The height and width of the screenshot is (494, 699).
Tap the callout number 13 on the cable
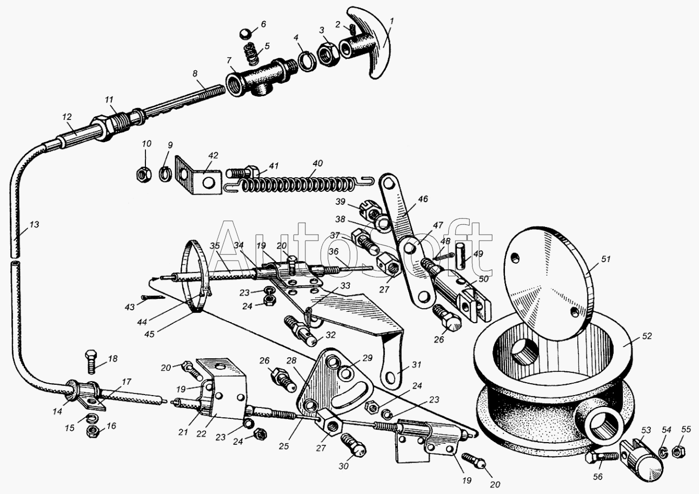coord(34,224)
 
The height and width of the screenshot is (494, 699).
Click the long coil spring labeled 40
coord(303,184)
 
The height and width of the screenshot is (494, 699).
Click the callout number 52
coord(648,336)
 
